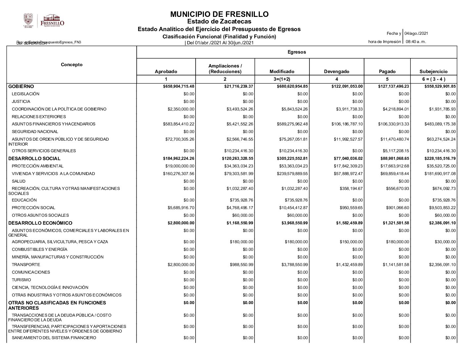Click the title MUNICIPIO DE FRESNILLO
pos(219,14)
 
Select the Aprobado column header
pos(166,71)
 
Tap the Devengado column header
pos(336,71)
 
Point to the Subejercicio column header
pos(433,71)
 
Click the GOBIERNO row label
pos(21,86)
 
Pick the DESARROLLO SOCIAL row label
pos(34,158)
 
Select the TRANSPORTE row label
pos(26,265)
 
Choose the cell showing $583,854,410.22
pos(179,124)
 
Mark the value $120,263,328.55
pos(238,158)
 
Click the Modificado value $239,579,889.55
pos(292,174)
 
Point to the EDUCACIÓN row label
pos(24,200)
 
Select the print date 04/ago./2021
pos(416,33)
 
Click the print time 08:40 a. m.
pos(416,42)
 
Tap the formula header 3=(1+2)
pos(282,79)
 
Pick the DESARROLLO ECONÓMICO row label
pos(40,223)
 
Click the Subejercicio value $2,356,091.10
pos(442,265)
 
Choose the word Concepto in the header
pos(71,65)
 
